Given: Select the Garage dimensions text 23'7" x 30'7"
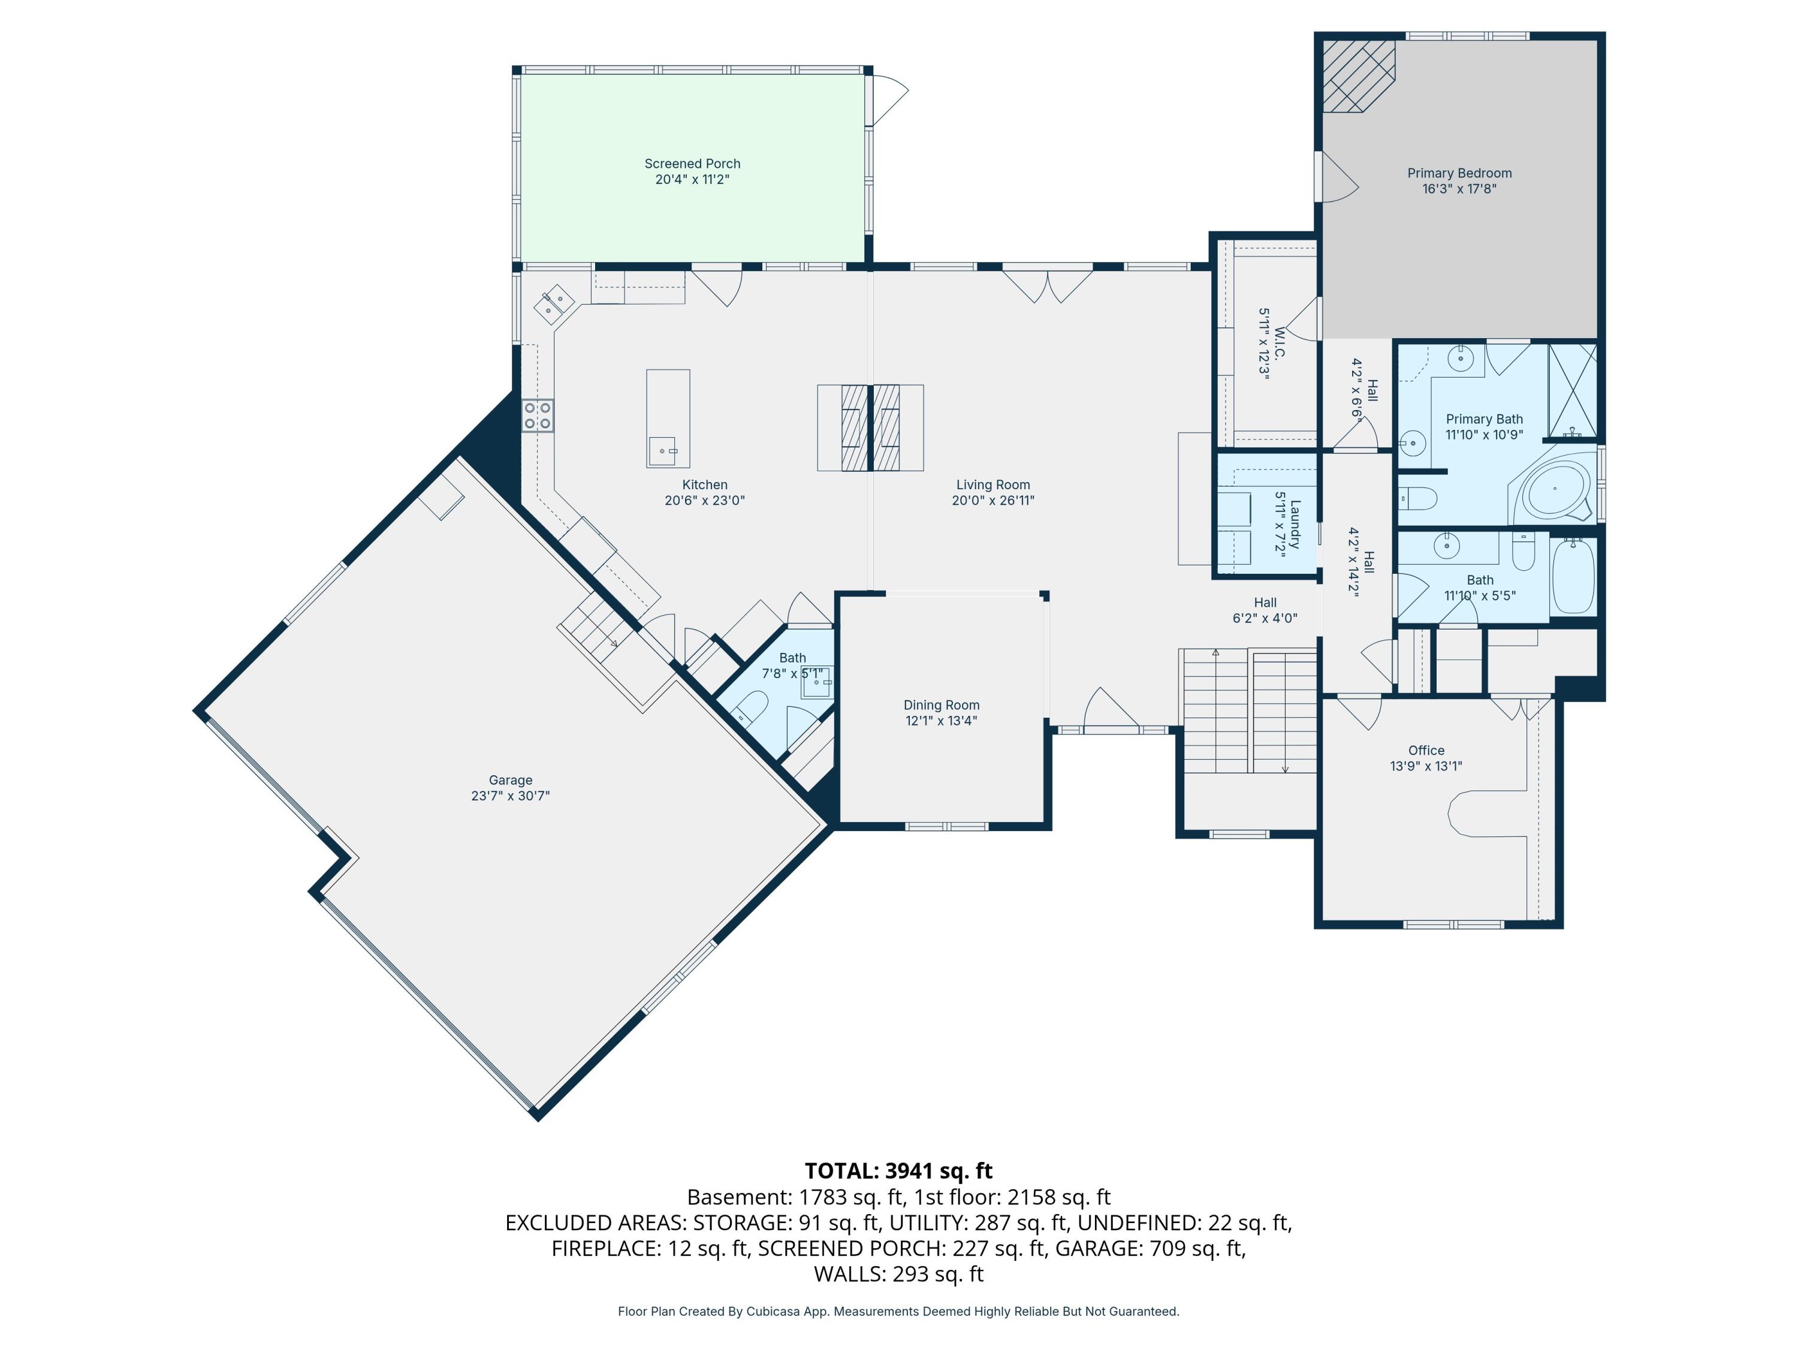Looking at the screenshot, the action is [511, 795].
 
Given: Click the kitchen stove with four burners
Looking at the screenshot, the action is [537, 415].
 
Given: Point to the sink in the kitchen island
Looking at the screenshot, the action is [662, 450].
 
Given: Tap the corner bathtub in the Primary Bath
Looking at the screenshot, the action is [1555, 489].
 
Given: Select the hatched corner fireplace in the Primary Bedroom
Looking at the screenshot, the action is [1357, 76].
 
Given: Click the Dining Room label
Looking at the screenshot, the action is [942, 705].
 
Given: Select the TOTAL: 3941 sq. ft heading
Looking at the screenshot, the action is [898, 1170].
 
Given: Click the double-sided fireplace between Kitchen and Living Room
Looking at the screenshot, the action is [871, 427].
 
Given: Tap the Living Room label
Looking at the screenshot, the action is [992, 484].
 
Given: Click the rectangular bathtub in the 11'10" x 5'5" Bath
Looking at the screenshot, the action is [1574, 577].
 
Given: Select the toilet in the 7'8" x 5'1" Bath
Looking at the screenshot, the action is [750, 707].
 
